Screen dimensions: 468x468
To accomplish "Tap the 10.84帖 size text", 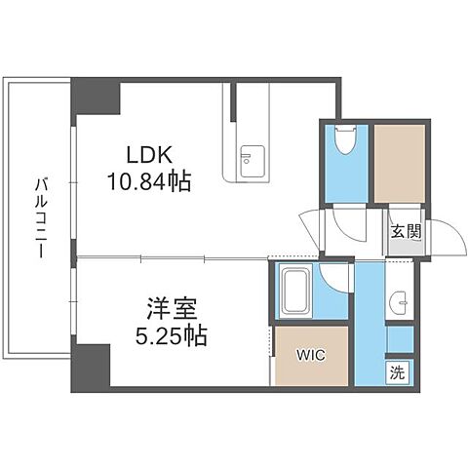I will tap(148, 180).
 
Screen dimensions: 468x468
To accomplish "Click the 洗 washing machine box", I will tap(398, 370).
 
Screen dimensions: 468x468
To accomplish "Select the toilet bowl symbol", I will tap(343, 143).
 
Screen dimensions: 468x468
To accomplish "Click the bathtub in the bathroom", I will tap(295, 290).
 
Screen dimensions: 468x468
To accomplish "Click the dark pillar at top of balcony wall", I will tap(96, 96).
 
